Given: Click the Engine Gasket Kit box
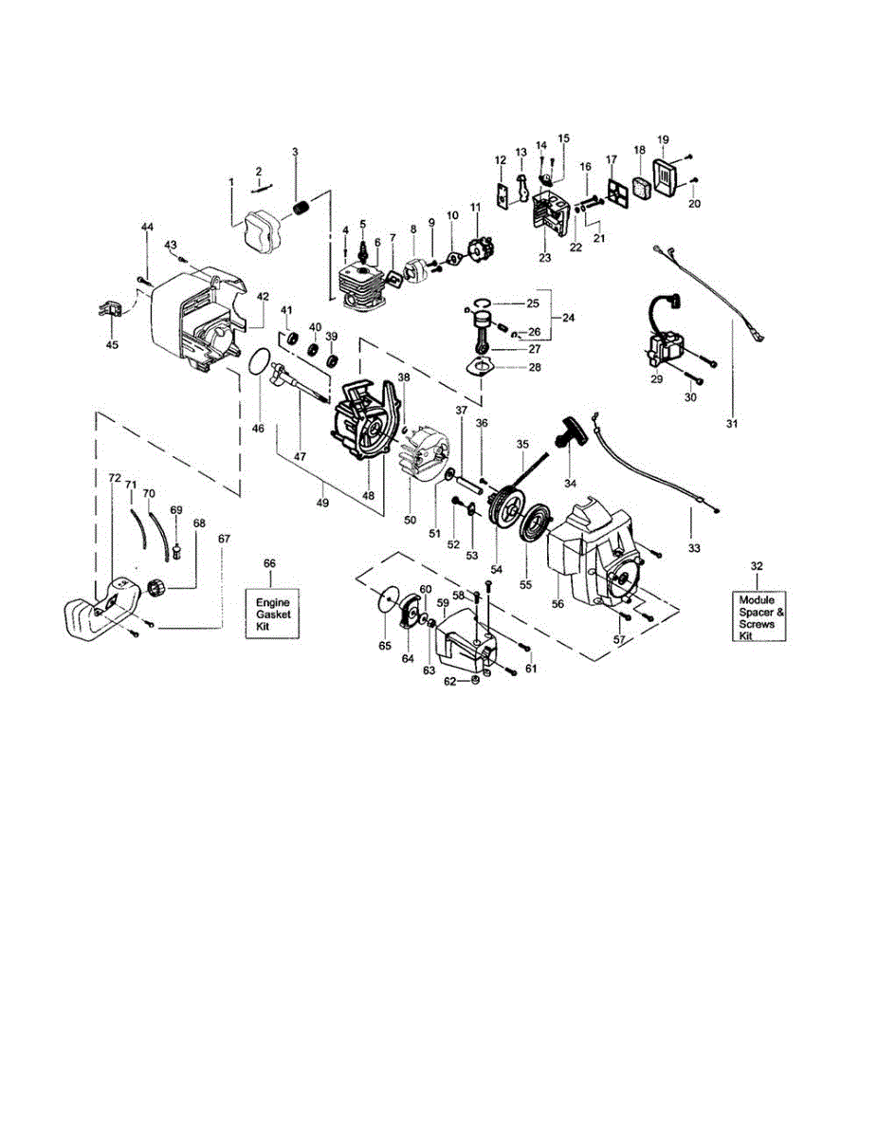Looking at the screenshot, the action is (272, 614).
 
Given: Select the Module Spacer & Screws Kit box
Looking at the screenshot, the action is (758, 616).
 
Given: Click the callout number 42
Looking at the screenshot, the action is (263, 297).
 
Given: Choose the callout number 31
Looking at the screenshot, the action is (732, 423).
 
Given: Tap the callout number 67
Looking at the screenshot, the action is (224, 539).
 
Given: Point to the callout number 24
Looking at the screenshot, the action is (569, 318).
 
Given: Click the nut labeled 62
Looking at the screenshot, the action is (475, 680).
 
